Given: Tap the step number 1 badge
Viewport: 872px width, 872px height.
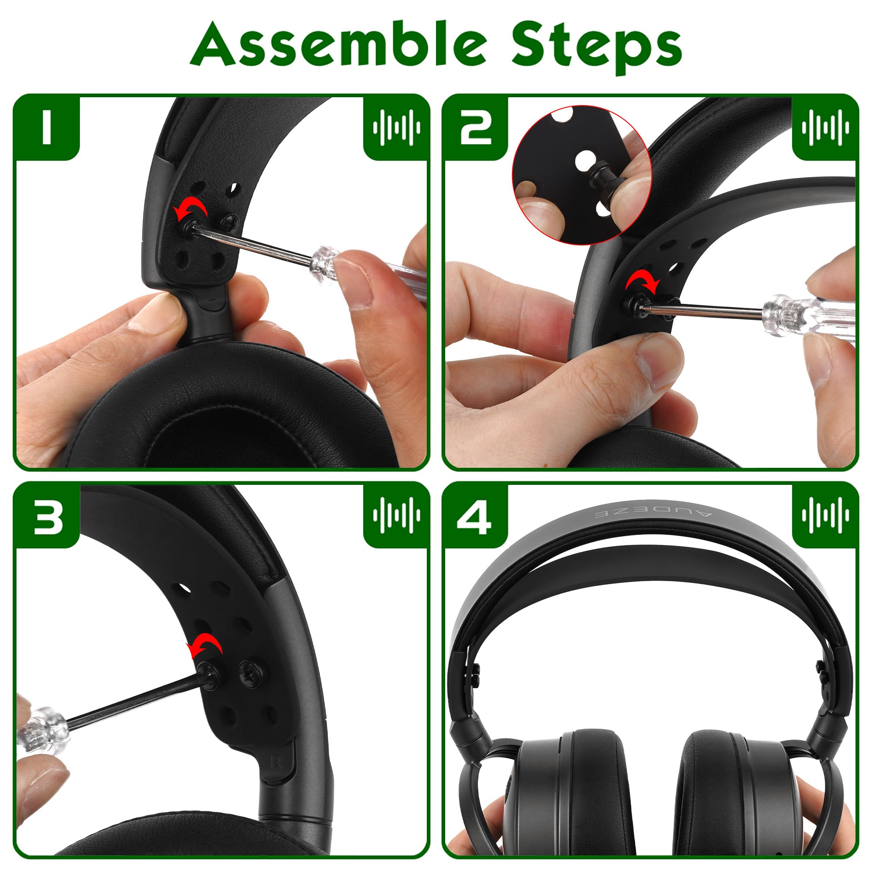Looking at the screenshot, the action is [47, 127].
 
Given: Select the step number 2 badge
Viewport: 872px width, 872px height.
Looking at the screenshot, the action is [476, 127].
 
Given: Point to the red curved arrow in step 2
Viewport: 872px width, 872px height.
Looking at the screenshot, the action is [643, 280].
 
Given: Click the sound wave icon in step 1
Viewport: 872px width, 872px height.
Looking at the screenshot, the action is [396, 127].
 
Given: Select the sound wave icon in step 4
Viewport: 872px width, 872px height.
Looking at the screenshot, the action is [825, 515].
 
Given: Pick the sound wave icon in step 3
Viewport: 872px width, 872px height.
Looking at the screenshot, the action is [396, 515].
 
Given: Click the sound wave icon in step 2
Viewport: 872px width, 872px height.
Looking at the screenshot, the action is [825, 127].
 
